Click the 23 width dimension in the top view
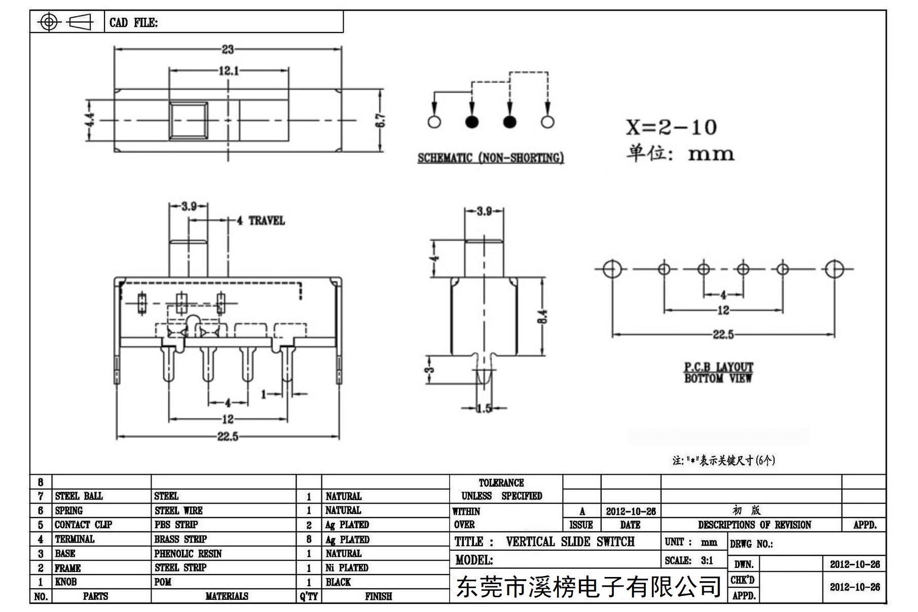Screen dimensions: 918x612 point(228,49)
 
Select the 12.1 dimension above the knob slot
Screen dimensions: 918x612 point(229,70)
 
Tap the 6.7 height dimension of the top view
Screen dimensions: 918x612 point(381,120)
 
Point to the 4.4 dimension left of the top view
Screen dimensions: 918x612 point(89,120)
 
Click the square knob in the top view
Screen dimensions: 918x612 point(189,120)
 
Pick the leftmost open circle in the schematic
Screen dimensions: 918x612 point(434,122)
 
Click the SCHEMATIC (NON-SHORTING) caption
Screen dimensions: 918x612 point(491,158)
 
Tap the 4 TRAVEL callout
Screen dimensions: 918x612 point(261,221)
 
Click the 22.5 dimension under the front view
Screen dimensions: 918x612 point(228,437)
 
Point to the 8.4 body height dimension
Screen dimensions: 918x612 point(543,316)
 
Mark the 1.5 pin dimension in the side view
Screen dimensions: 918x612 point(484,408)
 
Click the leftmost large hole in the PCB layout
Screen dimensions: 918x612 point(611,269)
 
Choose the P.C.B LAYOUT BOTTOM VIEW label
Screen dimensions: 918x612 point(718,373)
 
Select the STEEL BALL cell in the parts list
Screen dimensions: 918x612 point(79,496)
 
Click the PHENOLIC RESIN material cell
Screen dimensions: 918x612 point(188,554)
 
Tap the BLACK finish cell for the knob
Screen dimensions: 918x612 point(338,582)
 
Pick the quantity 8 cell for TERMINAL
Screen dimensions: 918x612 point(309,539)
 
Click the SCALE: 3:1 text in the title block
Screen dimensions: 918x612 point(689,560)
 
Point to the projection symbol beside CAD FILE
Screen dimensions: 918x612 point(66,22)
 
